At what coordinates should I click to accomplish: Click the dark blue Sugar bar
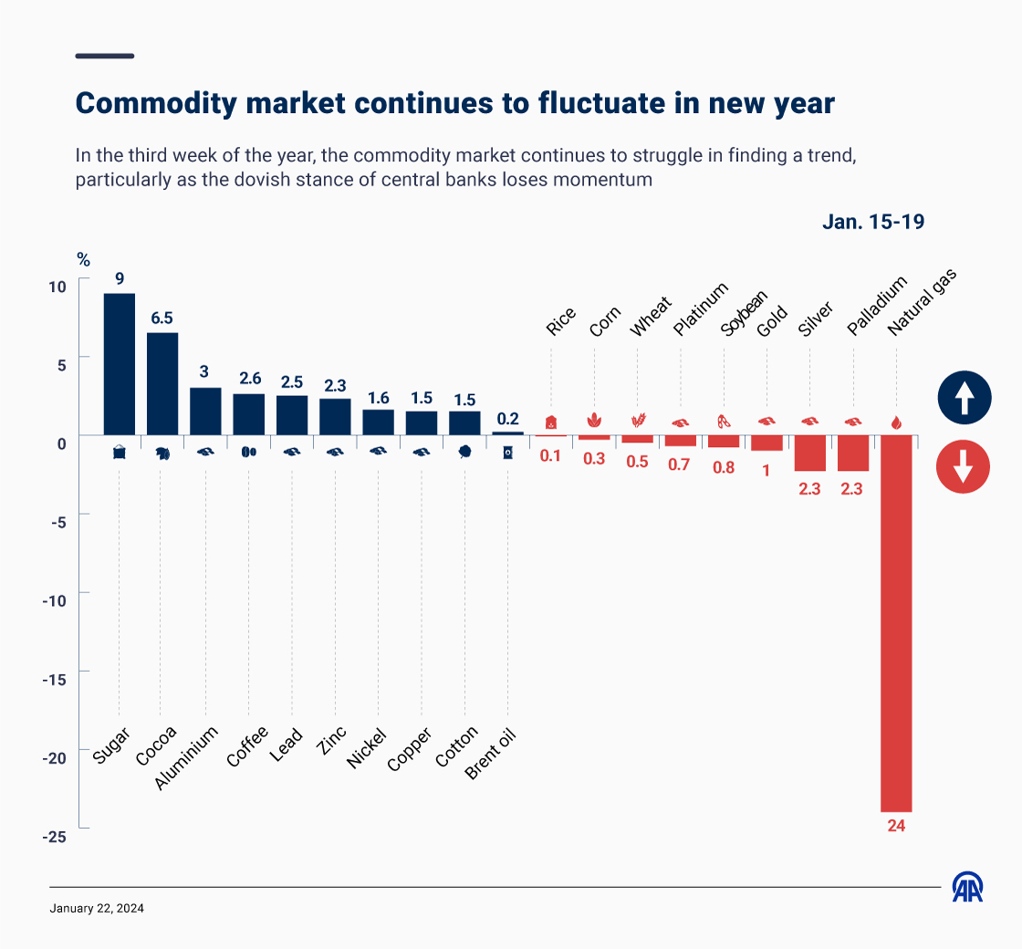119,363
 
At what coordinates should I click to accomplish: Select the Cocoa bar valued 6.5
162,383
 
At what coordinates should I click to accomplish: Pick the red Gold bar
766,443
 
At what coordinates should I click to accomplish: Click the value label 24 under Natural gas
895,826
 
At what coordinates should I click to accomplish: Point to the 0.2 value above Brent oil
507,419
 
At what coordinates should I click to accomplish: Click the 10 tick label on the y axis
57,287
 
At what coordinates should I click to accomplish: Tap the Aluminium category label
187,758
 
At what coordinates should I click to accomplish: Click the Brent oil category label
491,755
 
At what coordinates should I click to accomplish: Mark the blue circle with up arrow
964,398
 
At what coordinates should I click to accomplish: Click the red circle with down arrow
964,467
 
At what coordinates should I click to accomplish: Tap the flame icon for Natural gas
895,422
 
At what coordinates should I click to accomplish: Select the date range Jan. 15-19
873,222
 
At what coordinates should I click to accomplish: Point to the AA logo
967,887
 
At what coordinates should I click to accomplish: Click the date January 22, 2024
97,909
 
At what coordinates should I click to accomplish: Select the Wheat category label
651,317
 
